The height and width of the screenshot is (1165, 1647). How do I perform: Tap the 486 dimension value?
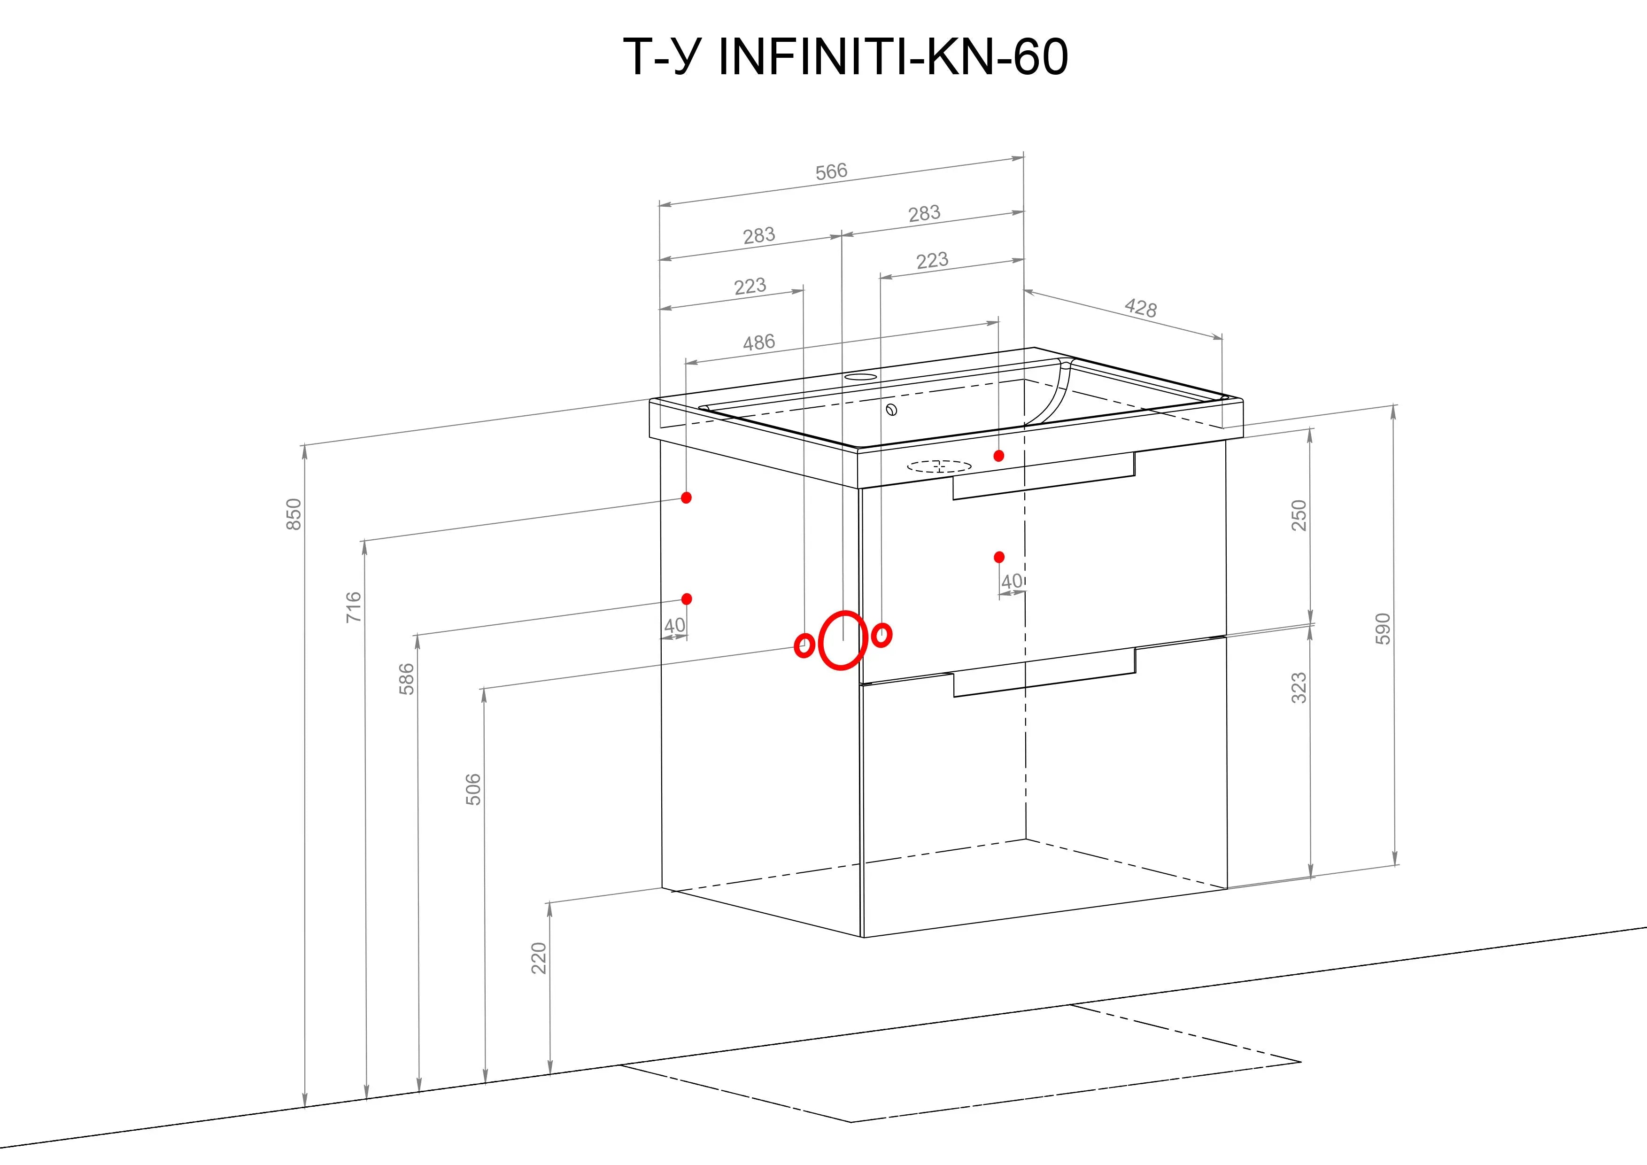point(759,342)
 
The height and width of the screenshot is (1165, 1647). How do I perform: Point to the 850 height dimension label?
point(294,514)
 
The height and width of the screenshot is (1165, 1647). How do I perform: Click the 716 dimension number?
point(354,607)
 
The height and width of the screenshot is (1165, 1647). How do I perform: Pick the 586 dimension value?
point(407,679)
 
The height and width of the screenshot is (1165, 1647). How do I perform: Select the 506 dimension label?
point(473,789)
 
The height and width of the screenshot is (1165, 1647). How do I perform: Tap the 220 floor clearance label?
point(539,958)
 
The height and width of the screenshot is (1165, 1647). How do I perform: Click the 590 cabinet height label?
point(1383,629)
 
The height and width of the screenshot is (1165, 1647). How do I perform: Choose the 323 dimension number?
point(1299,688)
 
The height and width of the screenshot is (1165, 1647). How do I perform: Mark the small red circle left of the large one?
point(804,645)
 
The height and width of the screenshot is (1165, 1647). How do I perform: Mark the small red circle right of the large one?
point(881,635)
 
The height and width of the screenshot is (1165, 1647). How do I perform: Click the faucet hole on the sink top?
point(860,377)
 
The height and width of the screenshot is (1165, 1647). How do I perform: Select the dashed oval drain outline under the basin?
point(939,467)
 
